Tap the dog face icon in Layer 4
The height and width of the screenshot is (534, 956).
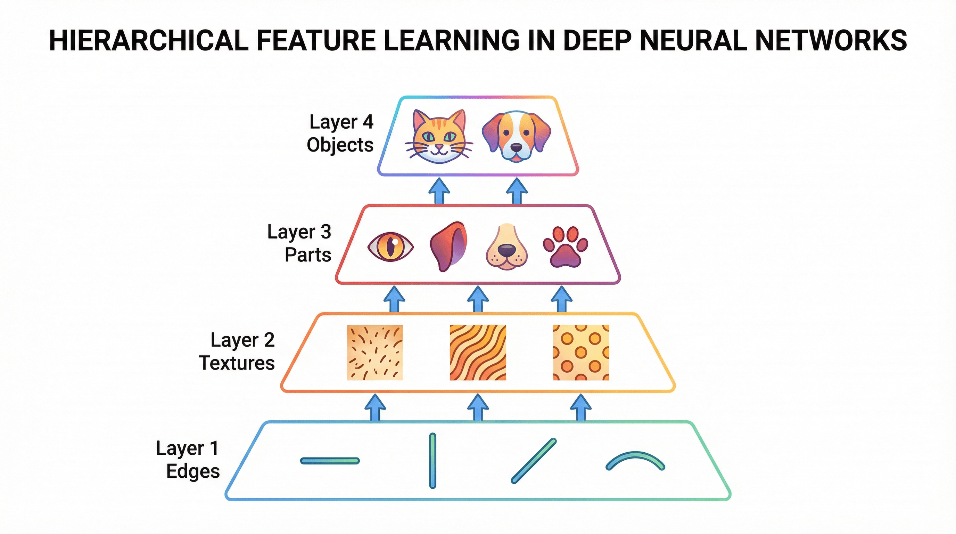516,136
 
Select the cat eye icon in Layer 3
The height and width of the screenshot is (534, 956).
390,246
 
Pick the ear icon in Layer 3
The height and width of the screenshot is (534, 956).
448,246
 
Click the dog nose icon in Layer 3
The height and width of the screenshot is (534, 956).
506,246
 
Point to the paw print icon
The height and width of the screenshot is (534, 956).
565,246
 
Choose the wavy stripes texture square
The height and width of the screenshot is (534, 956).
478,353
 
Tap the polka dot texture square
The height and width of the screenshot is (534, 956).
581,353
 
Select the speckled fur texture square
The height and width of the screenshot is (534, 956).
375,353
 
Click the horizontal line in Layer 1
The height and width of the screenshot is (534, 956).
330,461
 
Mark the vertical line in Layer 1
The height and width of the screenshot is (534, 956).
432,461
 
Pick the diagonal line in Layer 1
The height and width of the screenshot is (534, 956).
534,461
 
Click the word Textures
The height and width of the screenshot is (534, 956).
237,363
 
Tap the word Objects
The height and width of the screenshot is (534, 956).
340,145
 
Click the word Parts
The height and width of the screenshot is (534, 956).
308,255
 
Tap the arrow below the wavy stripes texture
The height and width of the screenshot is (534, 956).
478,407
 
